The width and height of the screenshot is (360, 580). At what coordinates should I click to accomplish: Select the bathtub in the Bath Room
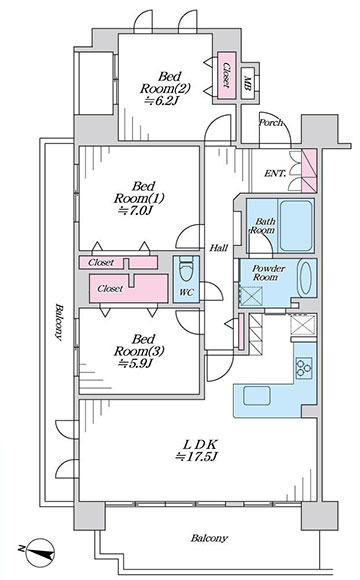tap(295, 226)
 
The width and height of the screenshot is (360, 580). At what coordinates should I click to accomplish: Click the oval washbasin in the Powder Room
tap(306, 279)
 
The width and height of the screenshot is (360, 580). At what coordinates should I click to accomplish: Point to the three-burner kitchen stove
tap(304, 368)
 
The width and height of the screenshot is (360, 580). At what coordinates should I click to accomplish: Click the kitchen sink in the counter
tap(257, 395)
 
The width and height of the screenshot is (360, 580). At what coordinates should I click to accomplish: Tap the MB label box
tap(248, 83)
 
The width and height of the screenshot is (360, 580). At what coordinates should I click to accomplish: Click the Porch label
tap(270, 122)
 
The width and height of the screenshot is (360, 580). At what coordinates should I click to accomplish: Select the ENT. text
tap(275, 173)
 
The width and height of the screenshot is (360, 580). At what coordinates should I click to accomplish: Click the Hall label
tap(219, 248)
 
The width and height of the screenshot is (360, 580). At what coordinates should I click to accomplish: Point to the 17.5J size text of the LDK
tap(196, 456)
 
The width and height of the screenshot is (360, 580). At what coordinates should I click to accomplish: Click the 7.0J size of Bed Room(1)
tap(135, 210)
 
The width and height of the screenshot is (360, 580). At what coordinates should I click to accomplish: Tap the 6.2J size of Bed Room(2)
tap(161, 101)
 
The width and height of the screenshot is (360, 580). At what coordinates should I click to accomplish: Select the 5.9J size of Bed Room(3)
tap(135, 364)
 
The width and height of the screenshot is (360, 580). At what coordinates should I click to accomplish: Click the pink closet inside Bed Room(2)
tap(226, 75)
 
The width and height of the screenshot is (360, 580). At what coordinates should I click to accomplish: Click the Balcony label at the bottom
tap(209, 538)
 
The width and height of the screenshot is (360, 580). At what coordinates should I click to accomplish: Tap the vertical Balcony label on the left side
tap(58, 321)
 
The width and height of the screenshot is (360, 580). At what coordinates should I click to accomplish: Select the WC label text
tap(186, 292)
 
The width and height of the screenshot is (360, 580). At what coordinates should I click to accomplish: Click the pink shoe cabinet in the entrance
tap(309, 171)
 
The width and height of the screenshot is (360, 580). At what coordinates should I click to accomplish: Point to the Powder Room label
tap(269, 273)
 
